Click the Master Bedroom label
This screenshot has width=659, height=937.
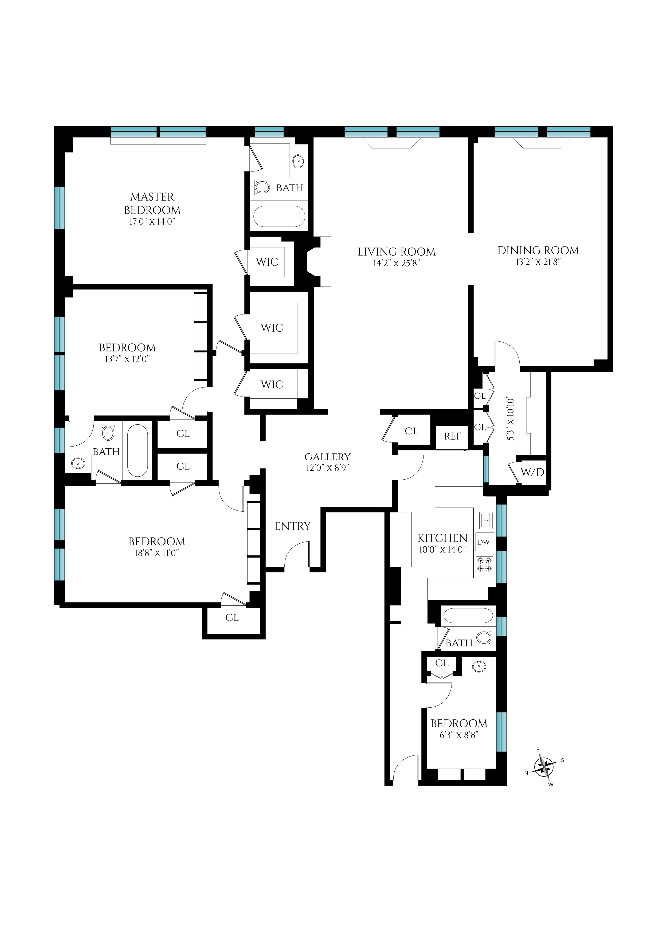coord(152,203)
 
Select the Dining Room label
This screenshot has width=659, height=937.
coord(538,250)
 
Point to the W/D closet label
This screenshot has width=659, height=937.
coord(532,472)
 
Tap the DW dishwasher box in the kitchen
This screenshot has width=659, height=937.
coord(484,542)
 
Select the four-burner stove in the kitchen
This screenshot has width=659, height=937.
coord(484,564)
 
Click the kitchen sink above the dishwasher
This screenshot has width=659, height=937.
coord(486,520)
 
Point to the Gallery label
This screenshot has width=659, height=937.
coord(327,457)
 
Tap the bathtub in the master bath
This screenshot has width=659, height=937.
coord(279,216)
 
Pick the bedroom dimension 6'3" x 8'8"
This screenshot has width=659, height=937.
coord(459,735)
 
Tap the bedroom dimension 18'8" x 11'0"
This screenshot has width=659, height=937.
coord(157,553)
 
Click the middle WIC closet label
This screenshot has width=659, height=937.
coord(272,328)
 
